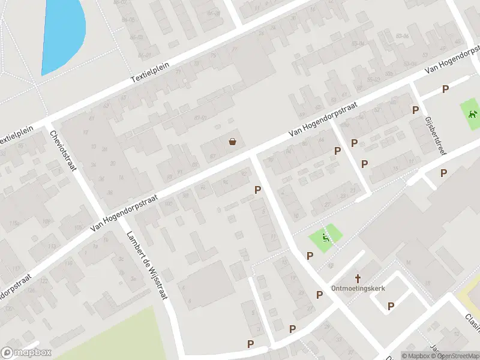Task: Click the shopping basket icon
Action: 232,142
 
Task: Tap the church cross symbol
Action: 358,278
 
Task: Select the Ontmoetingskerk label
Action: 358,288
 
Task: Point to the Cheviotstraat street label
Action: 63,151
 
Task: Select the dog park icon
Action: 472,113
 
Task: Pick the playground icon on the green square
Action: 326,238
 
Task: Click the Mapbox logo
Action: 26,353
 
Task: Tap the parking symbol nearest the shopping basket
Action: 258,190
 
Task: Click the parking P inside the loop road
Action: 391,306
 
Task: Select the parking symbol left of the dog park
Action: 445,89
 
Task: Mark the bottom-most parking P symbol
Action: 250,344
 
